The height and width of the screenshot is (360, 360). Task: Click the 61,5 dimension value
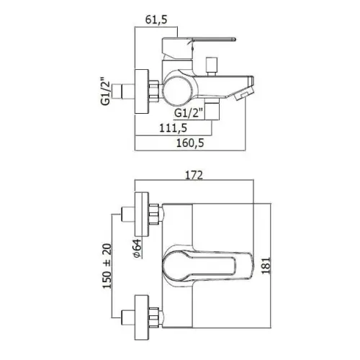click(156, 19)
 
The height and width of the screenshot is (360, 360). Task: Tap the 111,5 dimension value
click(173, 128)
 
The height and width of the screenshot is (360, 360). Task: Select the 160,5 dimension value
click(190, 143)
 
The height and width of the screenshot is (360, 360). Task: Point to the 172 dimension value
click(194, 175)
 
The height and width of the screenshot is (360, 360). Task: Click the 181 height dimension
click(266, 265)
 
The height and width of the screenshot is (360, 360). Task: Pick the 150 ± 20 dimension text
click(107, 266)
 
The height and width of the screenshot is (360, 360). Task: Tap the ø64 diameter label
click(138, 249)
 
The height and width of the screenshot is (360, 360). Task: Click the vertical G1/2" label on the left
click(105, 91)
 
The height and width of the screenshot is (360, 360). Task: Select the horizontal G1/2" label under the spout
click(189, 113)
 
